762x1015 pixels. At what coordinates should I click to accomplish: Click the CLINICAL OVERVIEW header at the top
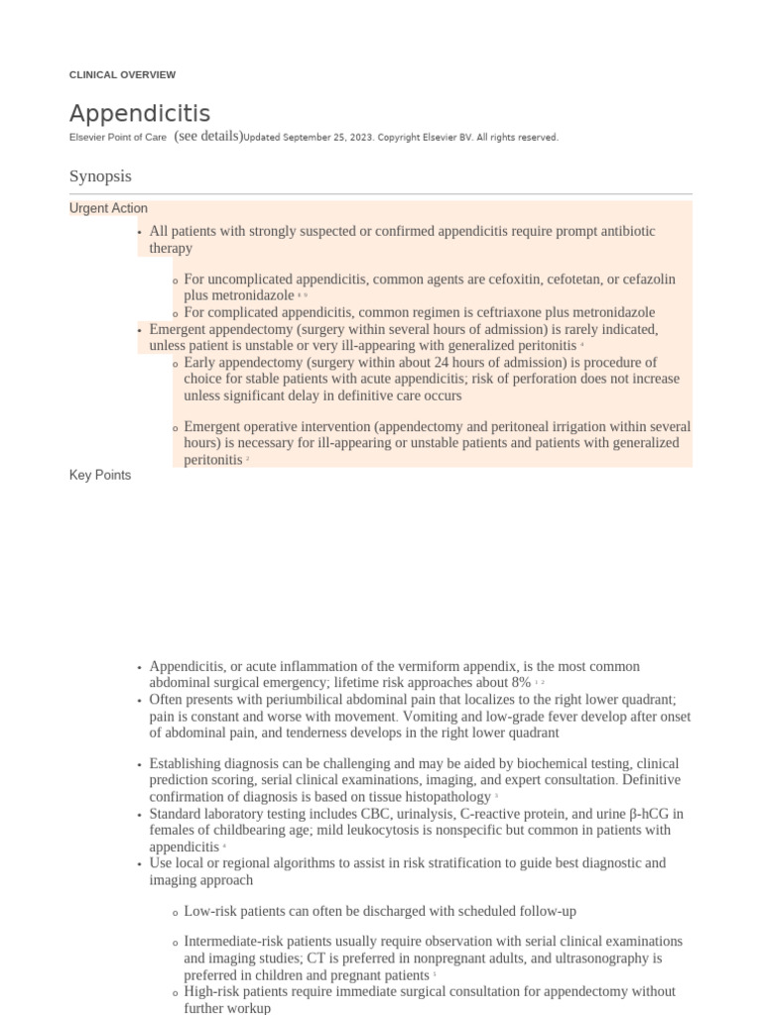(122, 74)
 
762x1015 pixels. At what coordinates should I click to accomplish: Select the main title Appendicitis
(139, 113)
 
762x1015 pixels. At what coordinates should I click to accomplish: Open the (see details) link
(207, 137)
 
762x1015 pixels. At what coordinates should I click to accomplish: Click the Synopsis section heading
(100, 175)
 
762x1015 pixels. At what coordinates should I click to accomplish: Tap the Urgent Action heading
(108, 208)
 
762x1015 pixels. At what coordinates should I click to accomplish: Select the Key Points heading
(99, 475)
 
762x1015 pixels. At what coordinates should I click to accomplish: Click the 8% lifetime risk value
(520, 683)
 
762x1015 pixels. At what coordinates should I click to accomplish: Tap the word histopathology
(447, 797)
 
